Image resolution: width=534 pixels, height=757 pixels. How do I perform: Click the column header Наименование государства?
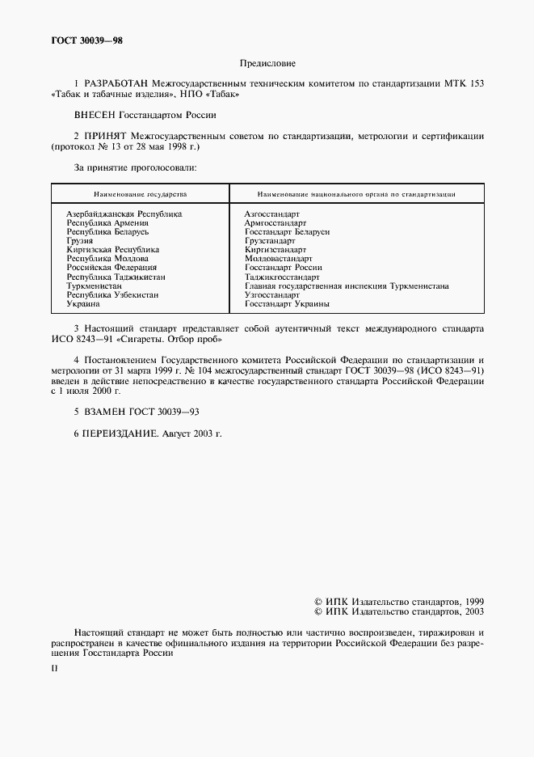click(x=140, y=195)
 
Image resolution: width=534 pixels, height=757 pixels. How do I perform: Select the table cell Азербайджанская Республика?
click(x=124, y=214)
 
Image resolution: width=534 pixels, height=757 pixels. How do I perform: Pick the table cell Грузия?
click(x=80, y=240)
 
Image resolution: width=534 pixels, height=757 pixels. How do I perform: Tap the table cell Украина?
click(x=83, y=304)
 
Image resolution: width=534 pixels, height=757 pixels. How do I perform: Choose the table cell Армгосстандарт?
click(x=275, y=222)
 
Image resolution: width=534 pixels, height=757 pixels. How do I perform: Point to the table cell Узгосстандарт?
click(x=272, y=295)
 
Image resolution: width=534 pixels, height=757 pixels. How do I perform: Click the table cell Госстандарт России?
click(x=283, y=268)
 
